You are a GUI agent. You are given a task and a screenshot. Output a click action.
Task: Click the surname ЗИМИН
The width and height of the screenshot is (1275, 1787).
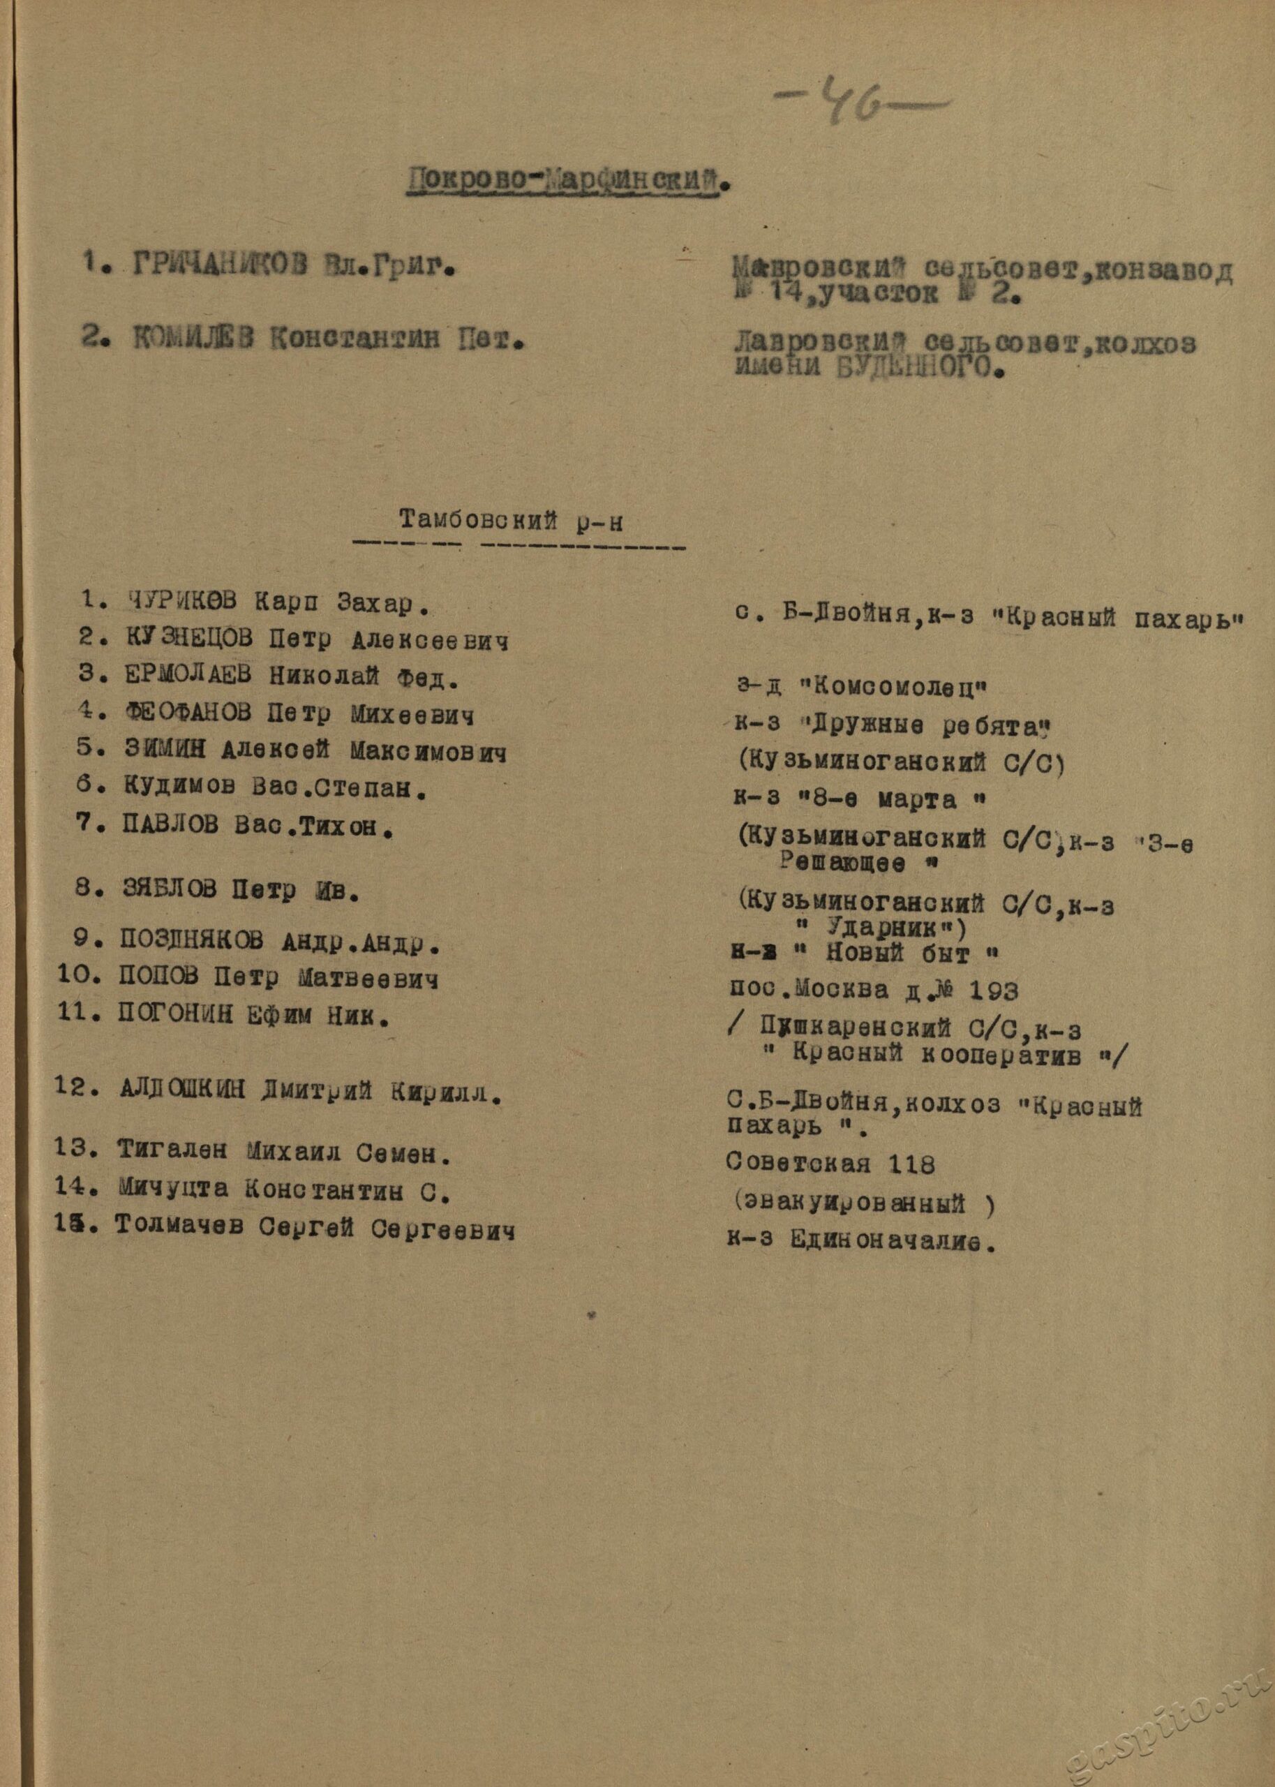(165, 750)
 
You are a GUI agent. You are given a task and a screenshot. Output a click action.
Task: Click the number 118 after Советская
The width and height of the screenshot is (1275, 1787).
(912, 1164)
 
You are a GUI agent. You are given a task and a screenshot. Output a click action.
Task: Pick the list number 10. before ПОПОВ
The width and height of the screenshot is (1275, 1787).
(77, 977)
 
